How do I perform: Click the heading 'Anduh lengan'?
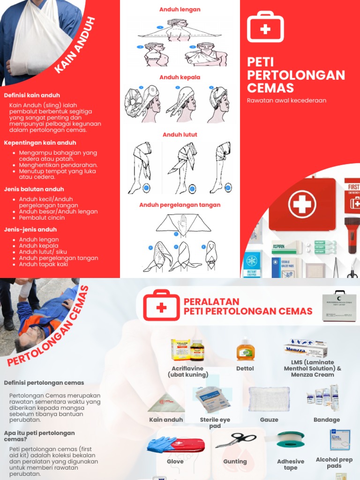click(180, 9)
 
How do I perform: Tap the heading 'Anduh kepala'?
click(180, 77)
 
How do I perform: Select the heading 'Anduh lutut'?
click(180, 135)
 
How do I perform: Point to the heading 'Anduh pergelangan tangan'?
click(180, 205)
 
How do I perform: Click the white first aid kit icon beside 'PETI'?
click(265, 27)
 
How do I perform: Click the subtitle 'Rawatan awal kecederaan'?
click(286, 100)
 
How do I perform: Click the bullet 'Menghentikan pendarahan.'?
click(58, 165)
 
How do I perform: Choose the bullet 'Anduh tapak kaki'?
click(44, 264)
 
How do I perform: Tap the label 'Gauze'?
click(269, 420)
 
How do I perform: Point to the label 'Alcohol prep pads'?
click(334, 463)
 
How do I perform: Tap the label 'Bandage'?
click(327, 420)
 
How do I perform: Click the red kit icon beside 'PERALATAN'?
click(161, 305)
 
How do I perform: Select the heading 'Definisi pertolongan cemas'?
click(44, 382)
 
